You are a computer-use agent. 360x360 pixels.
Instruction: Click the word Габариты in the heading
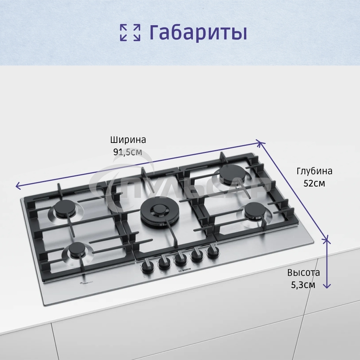pos(198,32)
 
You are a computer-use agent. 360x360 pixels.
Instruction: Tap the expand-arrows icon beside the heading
pos(130,32)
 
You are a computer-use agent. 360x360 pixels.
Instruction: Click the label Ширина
pos(128,140)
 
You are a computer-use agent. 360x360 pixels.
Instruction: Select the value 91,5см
pos(128,152)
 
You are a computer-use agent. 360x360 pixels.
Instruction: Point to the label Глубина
pos(314,171)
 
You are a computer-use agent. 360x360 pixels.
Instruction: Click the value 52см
pos(314,183)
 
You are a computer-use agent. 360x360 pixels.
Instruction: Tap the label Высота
pos(303,273)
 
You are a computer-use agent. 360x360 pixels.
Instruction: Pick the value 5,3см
pos(303,285)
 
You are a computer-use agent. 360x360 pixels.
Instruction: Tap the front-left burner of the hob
pos(77,249)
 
